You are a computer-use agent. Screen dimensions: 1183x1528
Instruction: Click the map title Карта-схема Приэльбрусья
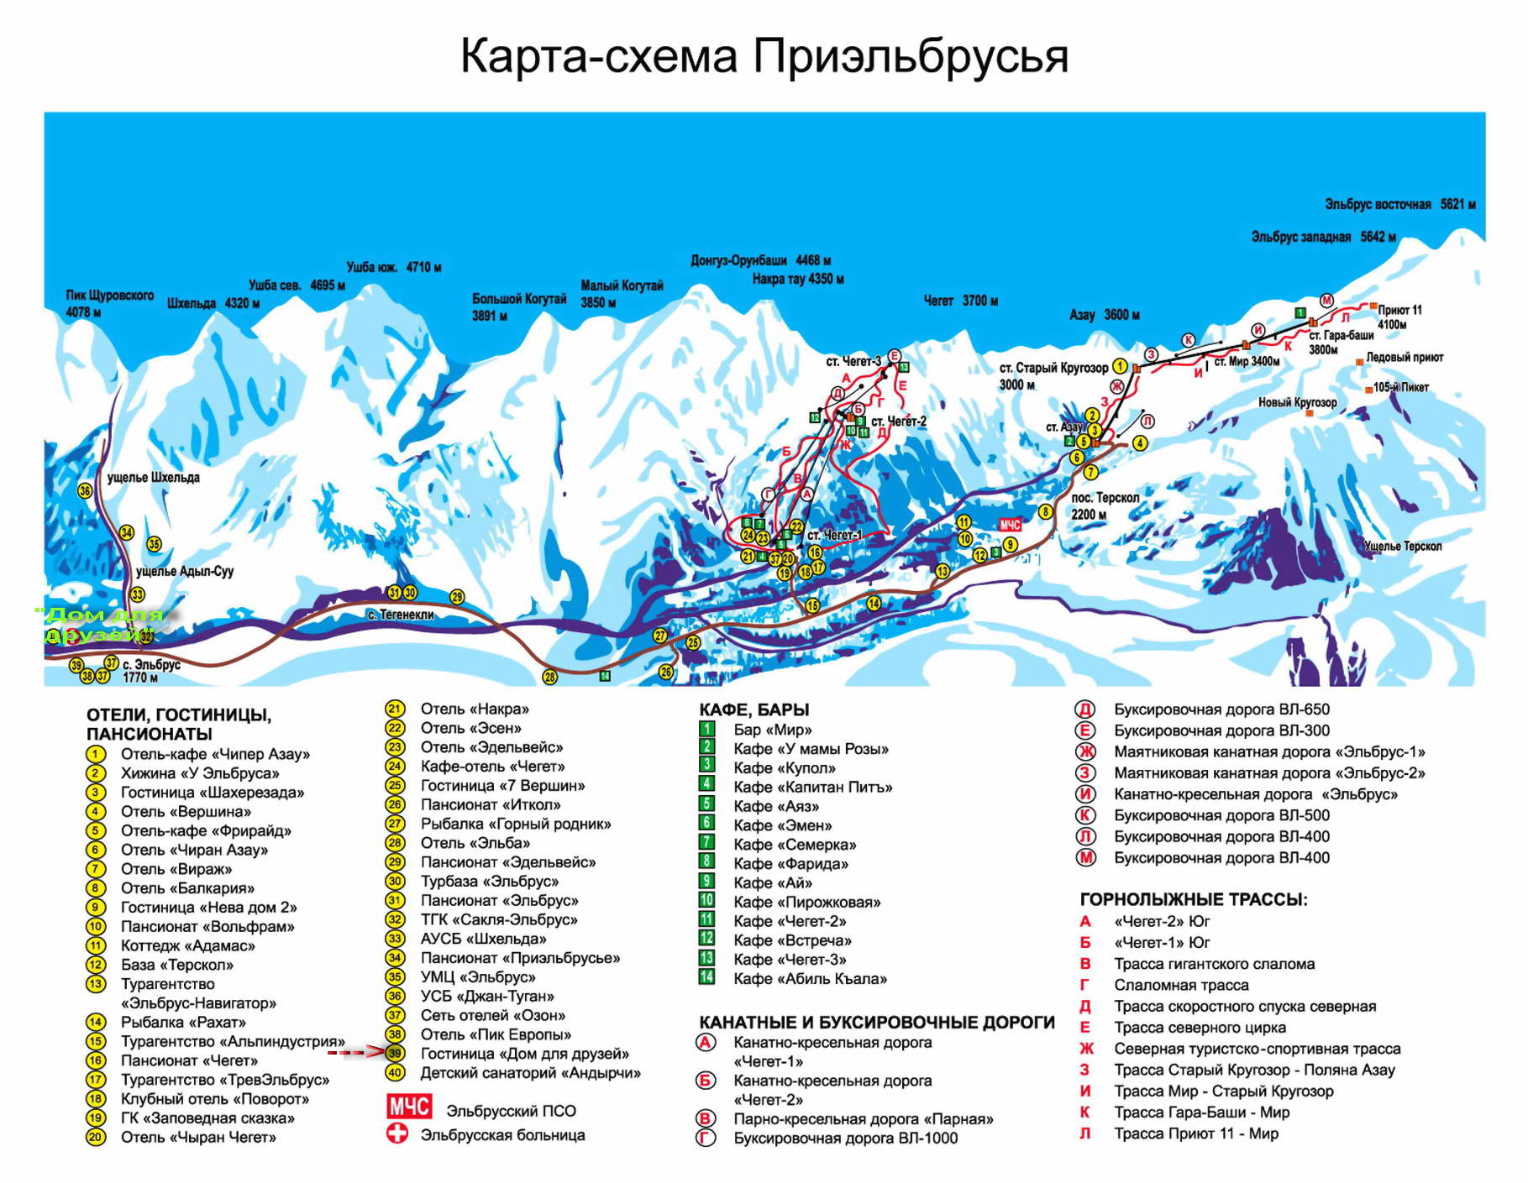(764, 57)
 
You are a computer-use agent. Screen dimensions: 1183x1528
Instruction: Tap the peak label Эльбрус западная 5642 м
(1322, 237)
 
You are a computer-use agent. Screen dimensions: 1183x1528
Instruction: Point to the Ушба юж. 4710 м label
(393, 267)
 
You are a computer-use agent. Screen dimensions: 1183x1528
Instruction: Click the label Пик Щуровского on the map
(109, 296)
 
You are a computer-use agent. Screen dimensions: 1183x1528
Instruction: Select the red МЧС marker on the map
(1009, 525)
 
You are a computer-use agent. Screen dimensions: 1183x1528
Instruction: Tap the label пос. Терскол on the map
(1105, 498)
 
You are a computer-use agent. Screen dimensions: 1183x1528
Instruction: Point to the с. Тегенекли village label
(401, 615)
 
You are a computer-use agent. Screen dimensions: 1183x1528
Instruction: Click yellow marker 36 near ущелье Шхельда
(85, 490)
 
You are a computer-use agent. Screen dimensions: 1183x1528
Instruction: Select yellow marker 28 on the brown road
(549, 676)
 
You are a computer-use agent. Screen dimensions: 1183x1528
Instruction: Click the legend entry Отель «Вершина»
(186, 811)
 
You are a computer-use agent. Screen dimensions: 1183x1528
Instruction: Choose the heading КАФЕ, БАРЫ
(753, 709)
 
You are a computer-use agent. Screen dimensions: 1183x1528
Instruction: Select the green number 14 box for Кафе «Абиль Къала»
(706, 976)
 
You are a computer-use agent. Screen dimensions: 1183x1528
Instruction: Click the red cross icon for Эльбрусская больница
(396, 1133)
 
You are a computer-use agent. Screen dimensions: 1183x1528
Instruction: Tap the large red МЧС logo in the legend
(408, 1107)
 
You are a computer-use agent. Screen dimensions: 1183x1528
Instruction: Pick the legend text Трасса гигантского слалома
(1214, 964)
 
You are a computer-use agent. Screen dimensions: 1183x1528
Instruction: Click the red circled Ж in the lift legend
(1085, 751)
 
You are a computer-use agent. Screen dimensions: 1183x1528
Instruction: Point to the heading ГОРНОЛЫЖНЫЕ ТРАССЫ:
(1193, 900)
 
